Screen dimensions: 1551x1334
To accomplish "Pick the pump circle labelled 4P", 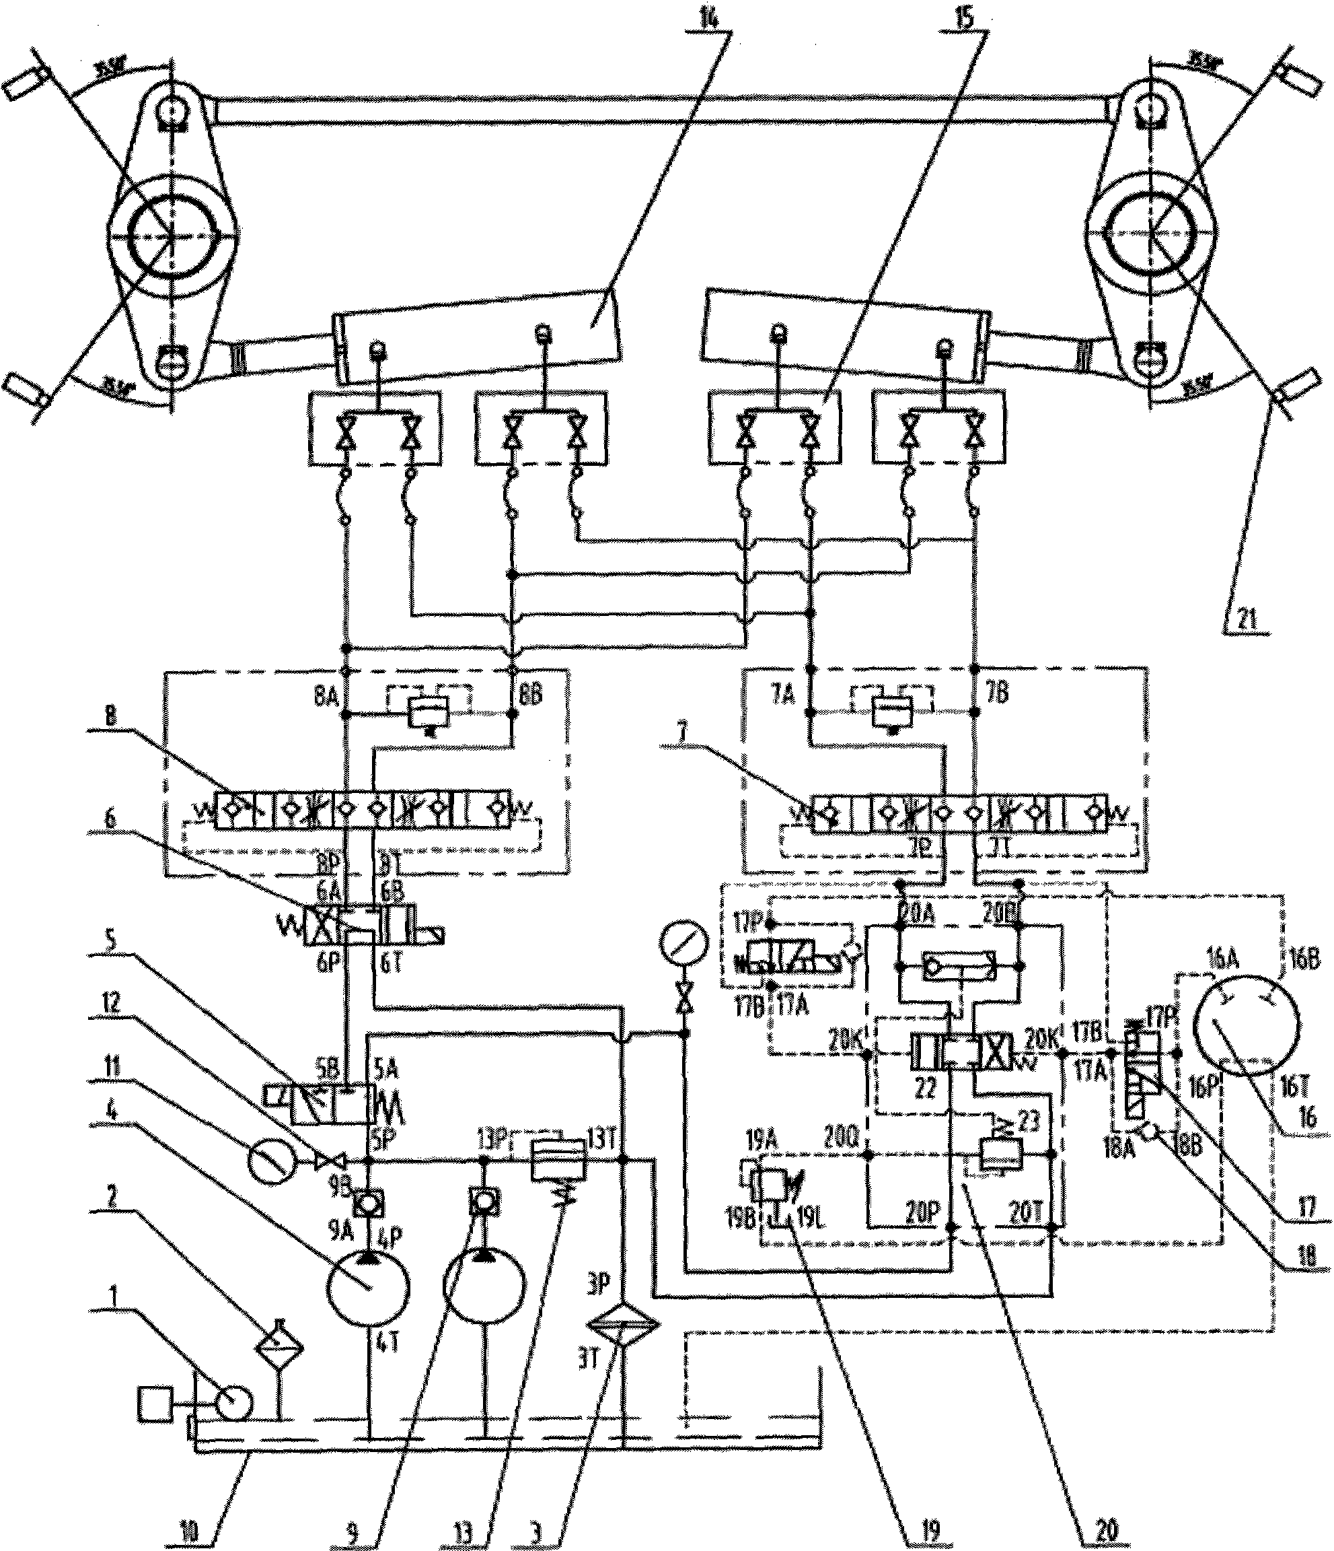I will coord(367,1285).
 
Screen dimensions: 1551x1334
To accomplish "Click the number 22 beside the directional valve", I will coord(926,1089).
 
